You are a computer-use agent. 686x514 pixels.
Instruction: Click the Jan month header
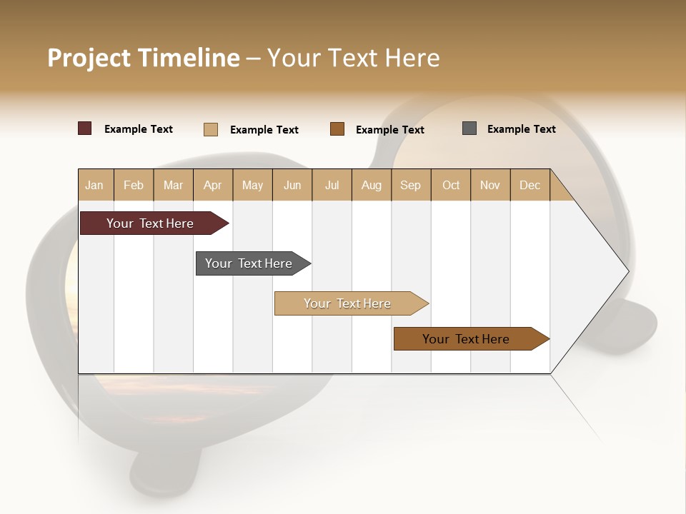click(x=95, y=185)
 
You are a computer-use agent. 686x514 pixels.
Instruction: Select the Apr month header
click(x=213, y=185)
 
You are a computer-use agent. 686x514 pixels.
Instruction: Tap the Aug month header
click(x=372, y=185)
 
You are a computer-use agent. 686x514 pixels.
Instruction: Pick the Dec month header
click(x=530, y=185)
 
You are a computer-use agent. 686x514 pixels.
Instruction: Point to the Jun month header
click(x=292, y=185)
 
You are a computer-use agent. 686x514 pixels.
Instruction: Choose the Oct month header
click(x=451, y=185)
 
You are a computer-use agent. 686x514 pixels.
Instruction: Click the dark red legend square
click(x=85, y=128)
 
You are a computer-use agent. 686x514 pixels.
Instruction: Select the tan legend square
click(x=211, y=129)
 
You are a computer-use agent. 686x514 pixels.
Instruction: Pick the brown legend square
click(x=337, y=128)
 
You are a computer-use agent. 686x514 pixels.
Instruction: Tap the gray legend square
click(x=469, y=128)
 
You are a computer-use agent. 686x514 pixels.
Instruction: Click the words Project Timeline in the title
click(x=143, y=58)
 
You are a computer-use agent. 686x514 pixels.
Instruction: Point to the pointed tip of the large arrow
click(x=627, y=271)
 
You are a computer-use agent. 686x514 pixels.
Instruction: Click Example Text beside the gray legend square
click(x=521, y=129)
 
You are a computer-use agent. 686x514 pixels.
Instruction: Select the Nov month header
click(x=490, y=185)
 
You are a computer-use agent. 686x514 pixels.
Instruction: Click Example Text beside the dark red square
click(x=139, y=129)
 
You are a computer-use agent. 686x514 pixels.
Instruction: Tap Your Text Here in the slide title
click(x=353, y=58)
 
